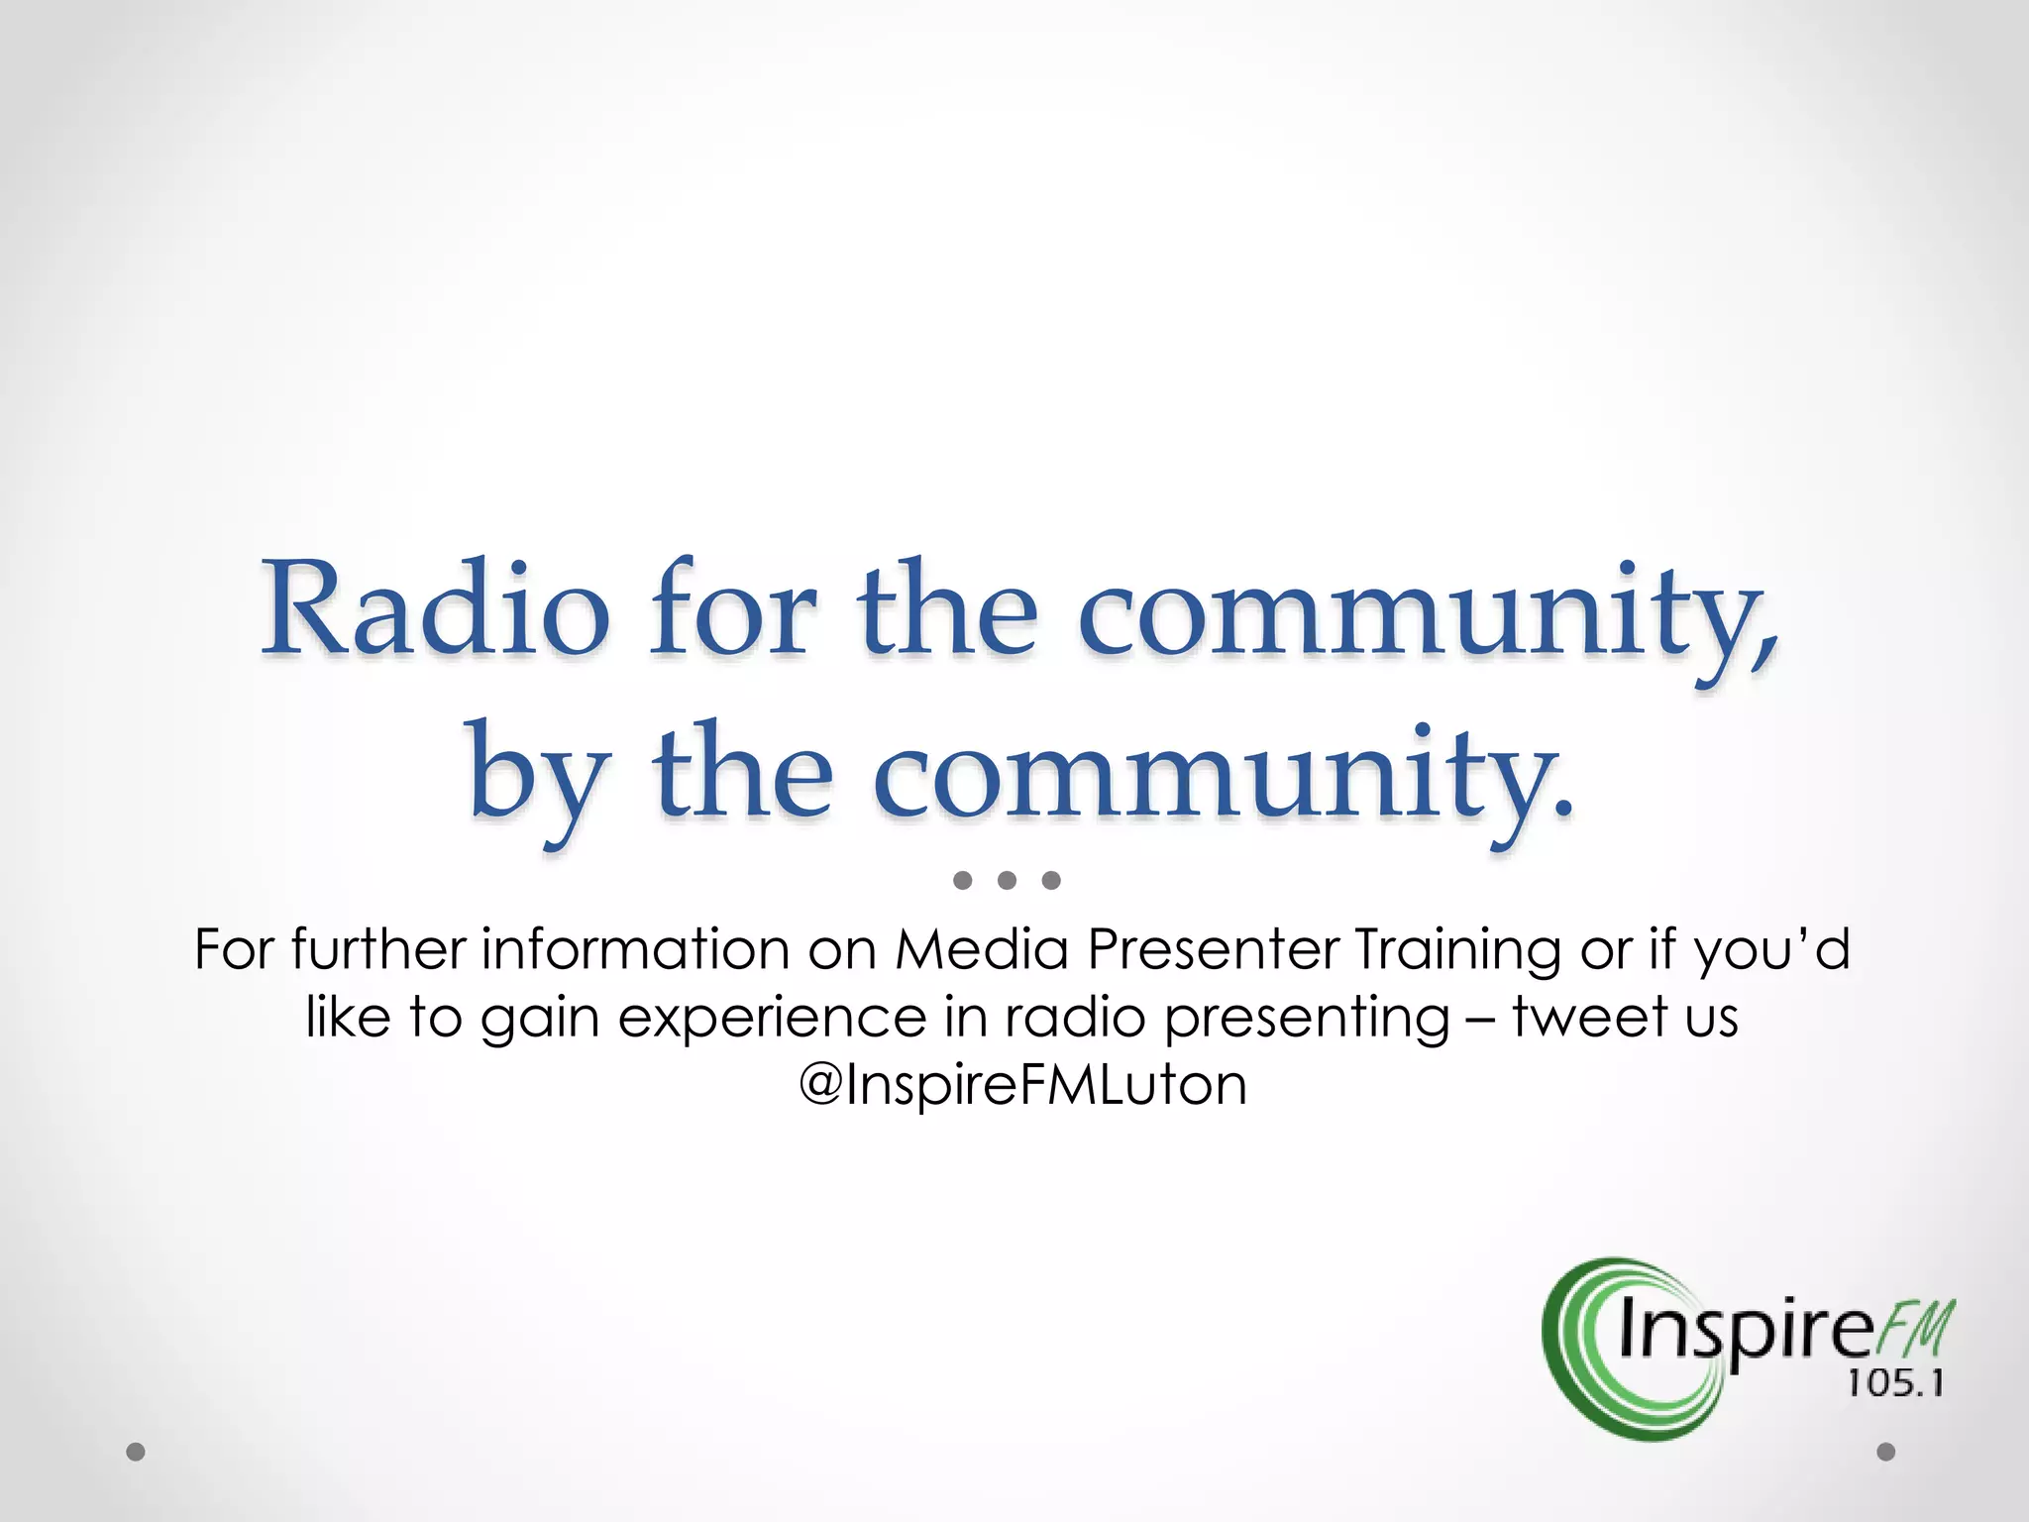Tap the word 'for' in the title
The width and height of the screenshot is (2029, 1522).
(x=733, y=608)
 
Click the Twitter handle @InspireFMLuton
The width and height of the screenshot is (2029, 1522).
(x=1021, y=1085)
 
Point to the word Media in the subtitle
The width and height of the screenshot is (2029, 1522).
(x=981, y=949)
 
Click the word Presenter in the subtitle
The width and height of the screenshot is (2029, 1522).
(x=1213, y=949)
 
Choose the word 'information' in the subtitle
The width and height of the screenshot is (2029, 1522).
(x=635, y=949)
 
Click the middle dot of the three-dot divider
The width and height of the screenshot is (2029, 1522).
(x=1007, y=880)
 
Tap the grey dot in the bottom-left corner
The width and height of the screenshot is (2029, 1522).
(x=136, y=1452)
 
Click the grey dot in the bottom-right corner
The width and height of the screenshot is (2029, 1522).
(x=1886, y=1452)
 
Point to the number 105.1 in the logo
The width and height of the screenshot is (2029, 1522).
(x=1895, y=1383)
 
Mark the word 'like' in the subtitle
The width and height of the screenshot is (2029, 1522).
(x=348, y=1018)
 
